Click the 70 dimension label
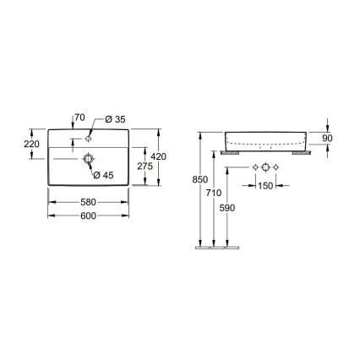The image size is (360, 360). point(80,116)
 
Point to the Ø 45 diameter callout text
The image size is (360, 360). point(103,175)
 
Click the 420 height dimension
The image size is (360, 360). point(159,156)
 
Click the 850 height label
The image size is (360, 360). point(199,179)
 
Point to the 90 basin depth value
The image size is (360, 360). point(327,138)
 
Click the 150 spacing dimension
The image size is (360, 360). point(265,186)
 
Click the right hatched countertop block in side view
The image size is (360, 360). point(303,154)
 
